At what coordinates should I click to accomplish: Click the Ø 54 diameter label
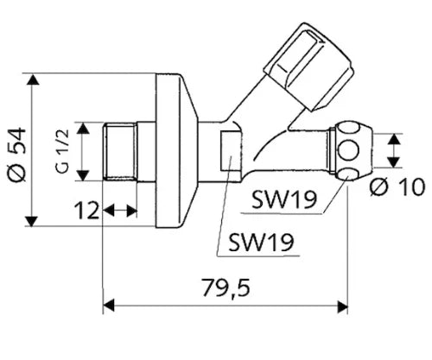17,155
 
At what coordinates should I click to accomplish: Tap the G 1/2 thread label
62,151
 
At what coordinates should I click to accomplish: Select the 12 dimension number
86,211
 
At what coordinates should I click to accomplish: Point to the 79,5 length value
226,287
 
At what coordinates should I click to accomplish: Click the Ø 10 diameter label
398,186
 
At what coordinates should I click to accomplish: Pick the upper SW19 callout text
284,199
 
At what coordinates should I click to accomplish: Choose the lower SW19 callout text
261,242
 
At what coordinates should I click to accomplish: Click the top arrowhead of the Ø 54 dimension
32,79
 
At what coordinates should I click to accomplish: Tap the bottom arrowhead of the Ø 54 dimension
32,221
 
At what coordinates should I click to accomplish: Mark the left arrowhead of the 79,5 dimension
109,306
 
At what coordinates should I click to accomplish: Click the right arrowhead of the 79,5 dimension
342,306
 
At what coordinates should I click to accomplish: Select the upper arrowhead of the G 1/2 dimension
83,128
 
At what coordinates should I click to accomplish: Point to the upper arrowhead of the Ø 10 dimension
394,139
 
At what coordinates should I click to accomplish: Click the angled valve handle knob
308,66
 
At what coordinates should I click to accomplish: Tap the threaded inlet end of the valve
120,152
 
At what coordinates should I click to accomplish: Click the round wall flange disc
176,151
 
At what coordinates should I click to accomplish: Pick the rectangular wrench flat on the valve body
231,151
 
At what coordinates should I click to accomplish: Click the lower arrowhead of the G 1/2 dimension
83,175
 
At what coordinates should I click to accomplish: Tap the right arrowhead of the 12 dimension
131,212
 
